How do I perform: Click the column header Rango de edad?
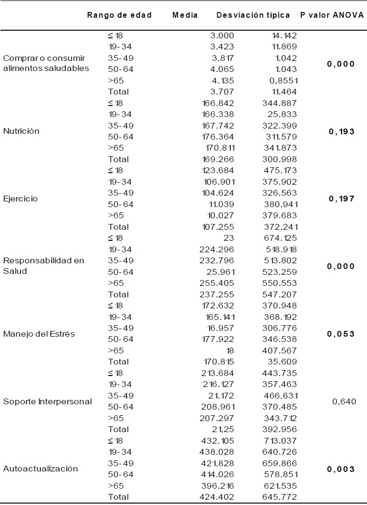pyautogui.click(x=119, y=15)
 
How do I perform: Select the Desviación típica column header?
pyautogui.click(x=253, y=15)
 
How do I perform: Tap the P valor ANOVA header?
pyautogui.click(x=331, y=15)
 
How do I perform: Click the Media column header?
pyautogui.click(x=185, y=15)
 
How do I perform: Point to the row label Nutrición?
pyautogui.click(x=21, y=131)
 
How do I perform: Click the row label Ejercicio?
pyautogui.click(x=20, y=199)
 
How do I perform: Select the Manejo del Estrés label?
pyautogui.click(x=39, y=334)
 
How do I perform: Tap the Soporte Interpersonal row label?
pyautogui.click(x=47, y=401)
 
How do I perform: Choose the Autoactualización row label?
pyautogui.click(x=40, y=469)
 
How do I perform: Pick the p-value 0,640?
pyautogui.click(x=344, y=401)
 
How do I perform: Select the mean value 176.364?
pyautogui.click(x=219, y=137)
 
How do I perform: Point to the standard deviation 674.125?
pyautogui.click(x=280, y=238)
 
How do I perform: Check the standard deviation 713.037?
pyautogui.click(x=280, y=441)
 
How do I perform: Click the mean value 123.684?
pyautogui.click(x=219, y=170)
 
